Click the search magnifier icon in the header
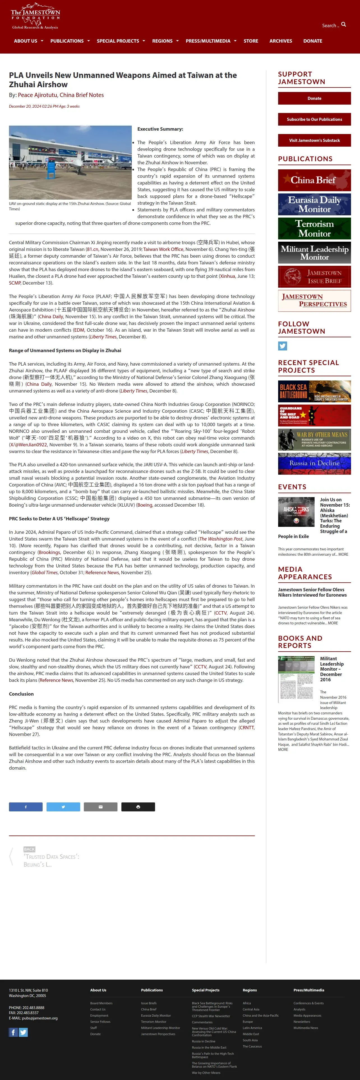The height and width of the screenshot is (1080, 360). [x=344, y=25]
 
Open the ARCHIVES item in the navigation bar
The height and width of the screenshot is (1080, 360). [x=280, y=41]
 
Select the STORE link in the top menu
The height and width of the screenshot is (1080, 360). [x=251, y=41]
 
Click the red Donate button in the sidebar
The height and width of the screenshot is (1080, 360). [x=314, y=98]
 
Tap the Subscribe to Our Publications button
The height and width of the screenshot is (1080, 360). [x=314, y=119]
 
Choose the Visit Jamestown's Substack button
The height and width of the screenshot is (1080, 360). [x=314, y=140]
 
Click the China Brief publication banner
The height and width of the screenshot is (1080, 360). [x=314, y=180]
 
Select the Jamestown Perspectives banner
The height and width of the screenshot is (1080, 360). [x=314, y=301]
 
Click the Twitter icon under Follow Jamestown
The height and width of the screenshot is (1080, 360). [x=282, y=346]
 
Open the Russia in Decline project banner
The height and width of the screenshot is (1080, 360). [x=314, y=463]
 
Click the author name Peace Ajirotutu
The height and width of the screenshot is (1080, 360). [x=37, y=95]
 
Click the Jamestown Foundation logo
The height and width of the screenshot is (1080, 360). [x=35, y=17]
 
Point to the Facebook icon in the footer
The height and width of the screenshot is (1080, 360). [x=13, y=1032]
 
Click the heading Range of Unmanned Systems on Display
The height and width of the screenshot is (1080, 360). [x=65, y=350]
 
